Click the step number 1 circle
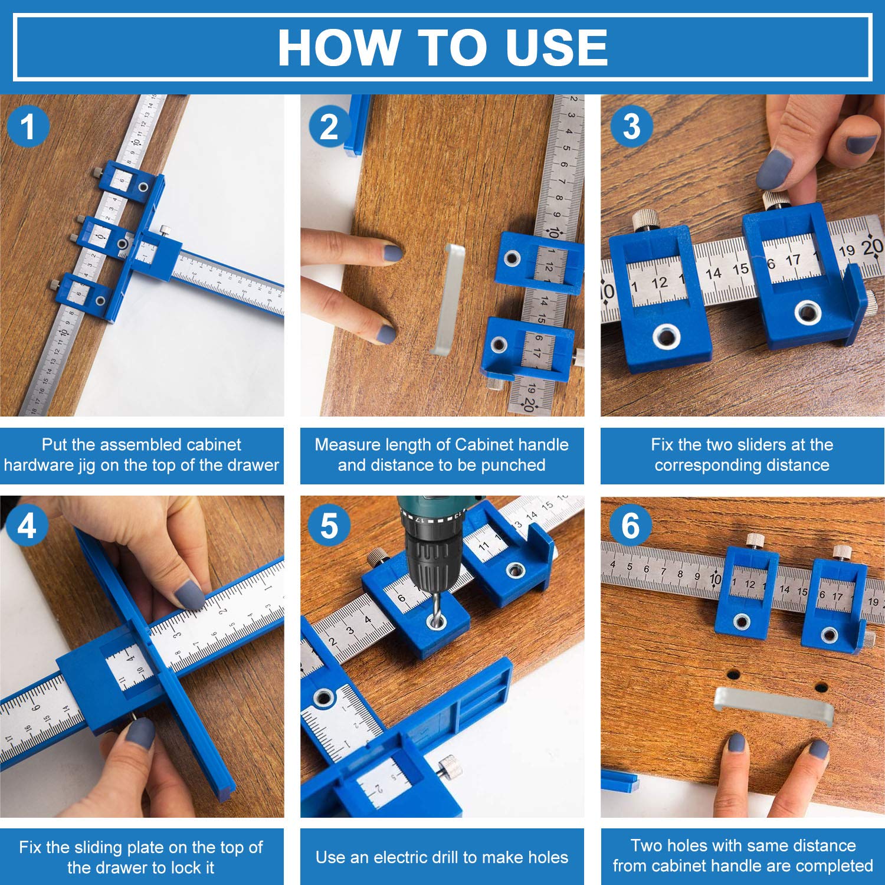click(28, 127)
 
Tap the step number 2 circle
click(329, 127)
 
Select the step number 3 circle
click(631, 126)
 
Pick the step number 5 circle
click(329, 525)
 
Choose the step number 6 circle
click(631, 525)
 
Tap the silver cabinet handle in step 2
click(447, 299)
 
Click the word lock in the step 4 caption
click(186, 867)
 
